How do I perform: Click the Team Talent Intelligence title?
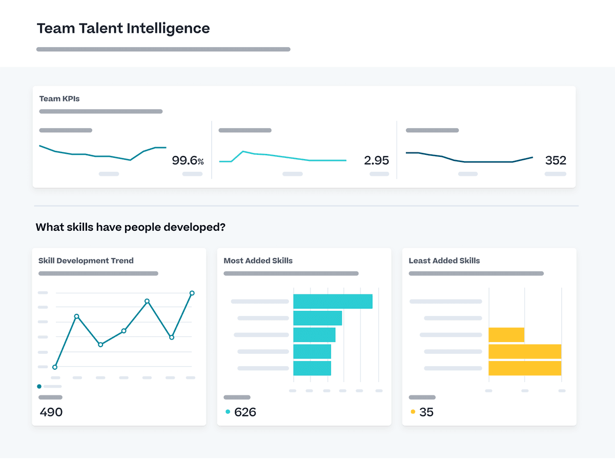pos(123,28)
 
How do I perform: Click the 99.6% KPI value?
pos(188,161)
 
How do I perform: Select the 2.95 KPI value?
pos(376,161)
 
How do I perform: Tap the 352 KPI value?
pos(556,161)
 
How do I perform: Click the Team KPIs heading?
pos(59,98)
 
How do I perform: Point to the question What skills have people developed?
pos(130,227)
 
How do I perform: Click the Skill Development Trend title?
pos(86,261)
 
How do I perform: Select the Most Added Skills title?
pos(258,261)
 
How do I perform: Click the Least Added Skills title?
pos(444,261)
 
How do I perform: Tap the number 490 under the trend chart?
pos(51,412)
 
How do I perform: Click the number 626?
pos(245,412)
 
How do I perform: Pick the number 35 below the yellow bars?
pos(426,412)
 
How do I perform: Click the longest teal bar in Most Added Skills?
pos(333,302)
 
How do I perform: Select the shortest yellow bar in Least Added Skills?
pos(506,335)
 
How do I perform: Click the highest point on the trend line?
pos(192,293)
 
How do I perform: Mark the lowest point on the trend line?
pos(55,367)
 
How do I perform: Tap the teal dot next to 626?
pos(228,412)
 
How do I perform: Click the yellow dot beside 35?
pos(413,412)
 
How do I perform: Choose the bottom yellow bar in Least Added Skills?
pos(525,368)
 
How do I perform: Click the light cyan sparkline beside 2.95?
pos(282,157)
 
